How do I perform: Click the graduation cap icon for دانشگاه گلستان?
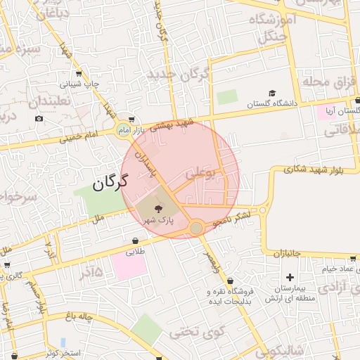click(x=271, y=94)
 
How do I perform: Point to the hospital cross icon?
click(x=289, y=277)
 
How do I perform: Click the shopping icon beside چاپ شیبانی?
click(x=78, y=74)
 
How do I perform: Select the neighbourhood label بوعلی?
click(x=200, y=171)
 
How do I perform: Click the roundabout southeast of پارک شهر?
click(x=196, y=228)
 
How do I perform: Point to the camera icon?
click(x=38, y=117)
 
